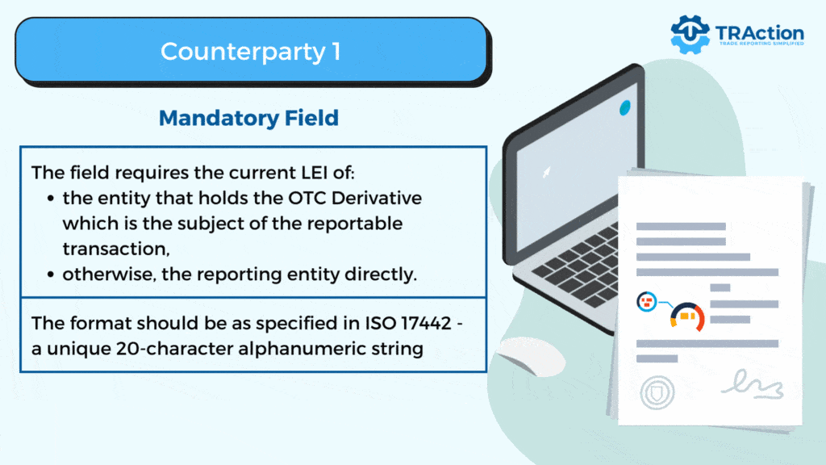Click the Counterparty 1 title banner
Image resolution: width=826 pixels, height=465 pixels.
[251, 51]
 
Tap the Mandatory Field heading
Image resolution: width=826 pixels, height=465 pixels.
[248, 118]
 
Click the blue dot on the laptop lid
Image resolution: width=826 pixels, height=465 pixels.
[624, 107]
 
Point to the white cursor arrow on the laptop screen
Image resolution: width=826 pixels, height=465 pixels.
[548, 171]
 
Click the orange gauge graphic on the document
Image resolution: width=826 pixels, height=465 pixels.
[688, 316]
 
